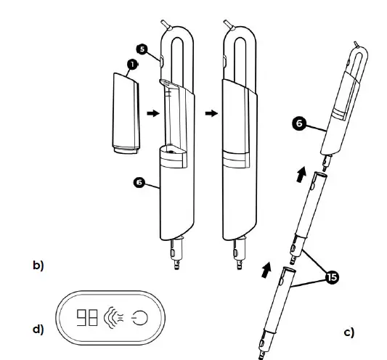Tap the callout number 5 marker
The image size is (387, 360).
coord(142,49)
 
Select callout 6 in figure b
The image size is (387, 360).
coord(140,179)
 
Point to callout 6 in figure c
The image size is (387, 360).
coord(297,124)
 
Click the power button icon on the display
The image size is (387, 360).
coord(140,317)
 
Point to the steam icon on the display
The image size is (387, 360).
coord(115,317)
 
